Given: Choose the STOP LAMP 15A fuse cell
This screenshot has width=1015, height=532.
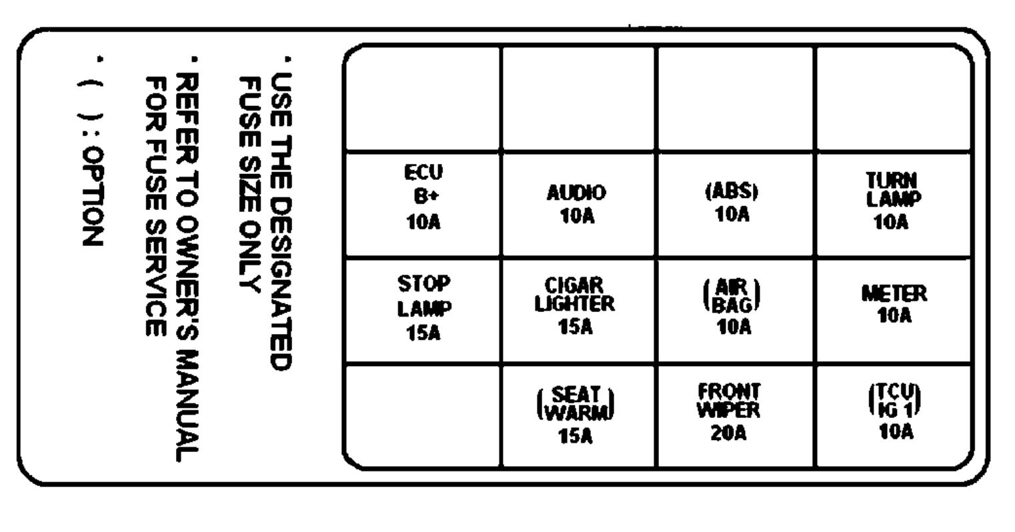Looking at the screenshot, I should point(423,311).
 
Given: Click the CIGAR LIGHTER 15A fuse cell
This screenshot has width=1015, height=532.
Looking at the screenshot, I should point(577,311).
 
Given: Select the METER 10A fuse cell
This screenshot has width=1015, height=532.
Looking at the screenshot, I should point(893,311).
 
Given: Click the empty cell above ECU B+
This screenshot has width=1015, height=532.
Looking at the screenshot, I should point(423,99).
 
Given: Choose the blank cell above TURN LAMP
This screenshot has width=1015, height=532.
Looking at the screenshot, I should point(893,99).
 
